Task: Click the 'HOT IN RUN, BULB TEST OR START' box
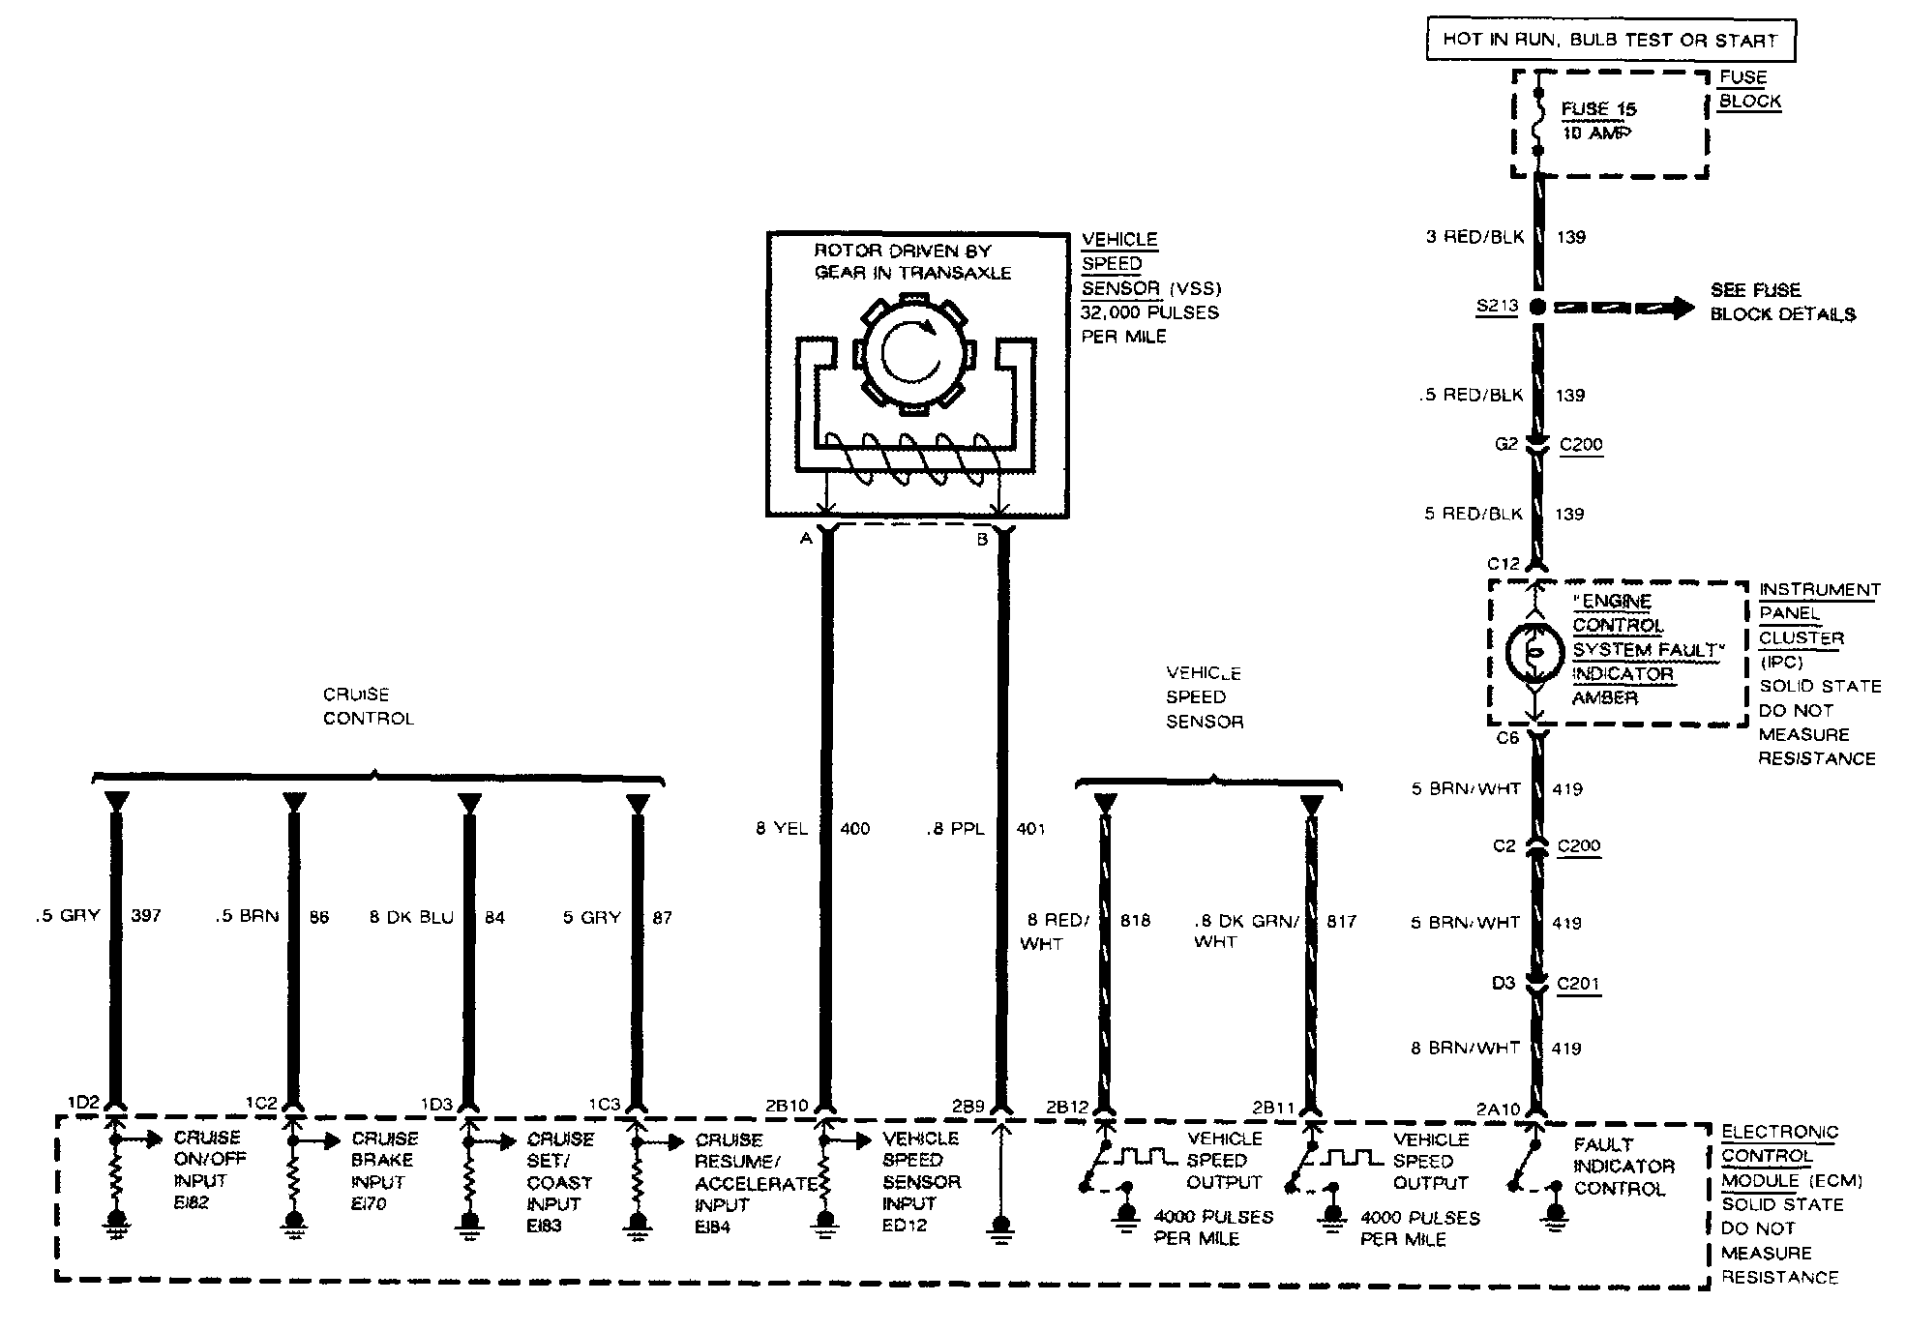pos(1610,41)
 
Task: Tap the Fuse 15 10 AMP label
pos(1597,121)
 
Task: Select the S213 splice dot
pos(1537,308)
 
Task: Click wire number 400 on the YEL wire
pos(854,829)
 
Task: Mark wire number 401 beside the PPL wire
pos(1030,829)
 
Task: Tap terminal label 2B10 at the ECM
pos(786,1106)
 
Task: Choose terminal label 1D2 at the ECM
pos(83,1103)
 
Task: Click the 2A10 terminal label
pos(1499,1109)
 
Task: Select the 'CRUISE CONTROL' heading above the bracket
pos(368,706)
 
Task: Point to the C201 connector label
pos(1578,984)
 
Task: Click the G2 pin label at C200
pos(1505,445)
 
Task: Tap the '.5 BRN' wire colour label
pos(247,917)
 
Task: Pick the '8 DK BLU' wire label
pos(411,917)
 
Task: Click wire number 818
pos(1135,921)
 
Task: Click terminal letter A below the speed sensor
pos(805,539)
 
